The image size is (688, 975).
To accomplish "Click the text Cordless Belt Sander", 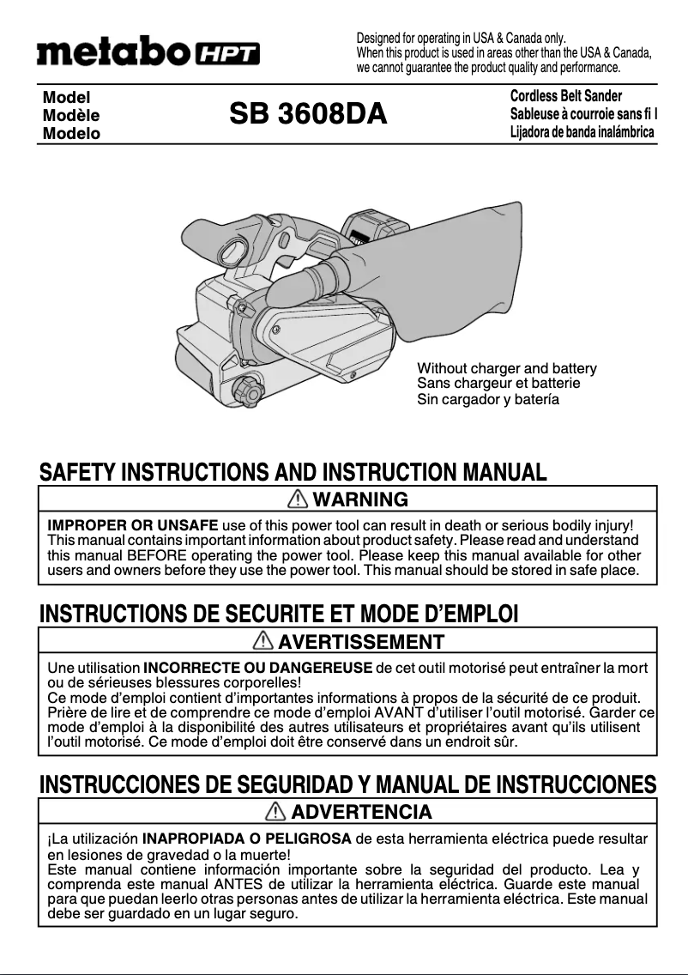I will point(565,96).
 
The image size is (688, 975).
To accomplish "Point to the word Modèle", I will point(70,116).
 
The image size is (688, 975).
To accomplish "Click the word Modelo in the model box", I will point(70,134).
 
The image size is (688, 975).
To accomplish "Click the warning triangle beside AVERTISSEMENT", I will point(264,641).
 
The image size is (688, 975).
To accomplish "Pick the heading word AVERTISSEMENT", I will point(361,641).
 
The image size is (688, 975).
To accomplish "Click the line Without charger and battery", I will point(506,369).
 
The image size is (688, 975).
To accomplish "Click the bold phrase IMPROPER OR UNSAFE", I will point(132,525).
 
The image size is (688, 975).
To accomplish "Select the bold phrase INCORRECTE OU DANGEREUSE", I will point(257,668).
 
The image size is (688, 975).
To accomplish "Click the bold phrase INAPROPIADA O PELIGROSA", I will point(246,839).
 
